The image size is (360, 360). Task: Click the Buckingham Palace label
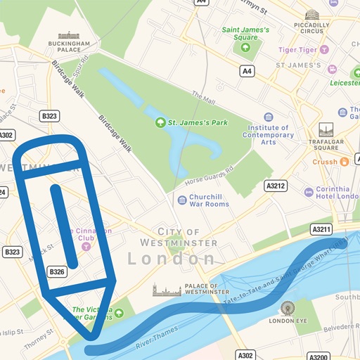tap(69, 45)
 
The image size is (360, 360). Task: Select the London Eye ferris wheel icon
tap(287, 308)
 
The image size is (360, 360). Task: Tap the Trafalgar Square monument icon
tap(326, 130)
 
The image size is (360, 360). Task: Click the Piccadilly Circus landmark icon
tap(311, 15)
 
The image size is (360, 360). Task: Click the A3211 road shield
tap(321, 229)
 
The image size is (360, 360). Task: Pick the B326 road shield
tap(58, 271)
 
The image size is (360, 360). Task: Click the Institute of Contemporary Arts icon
tap(268, 117)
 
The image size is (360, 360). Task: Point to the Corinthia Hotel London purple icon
tap(308, 191)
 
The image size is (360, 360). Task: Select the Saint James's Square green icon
tap(245, 48)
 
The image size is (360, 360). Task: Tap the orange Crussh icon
tap(345, 162)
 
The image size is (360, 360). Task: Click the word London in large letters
tap(172, 259)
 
